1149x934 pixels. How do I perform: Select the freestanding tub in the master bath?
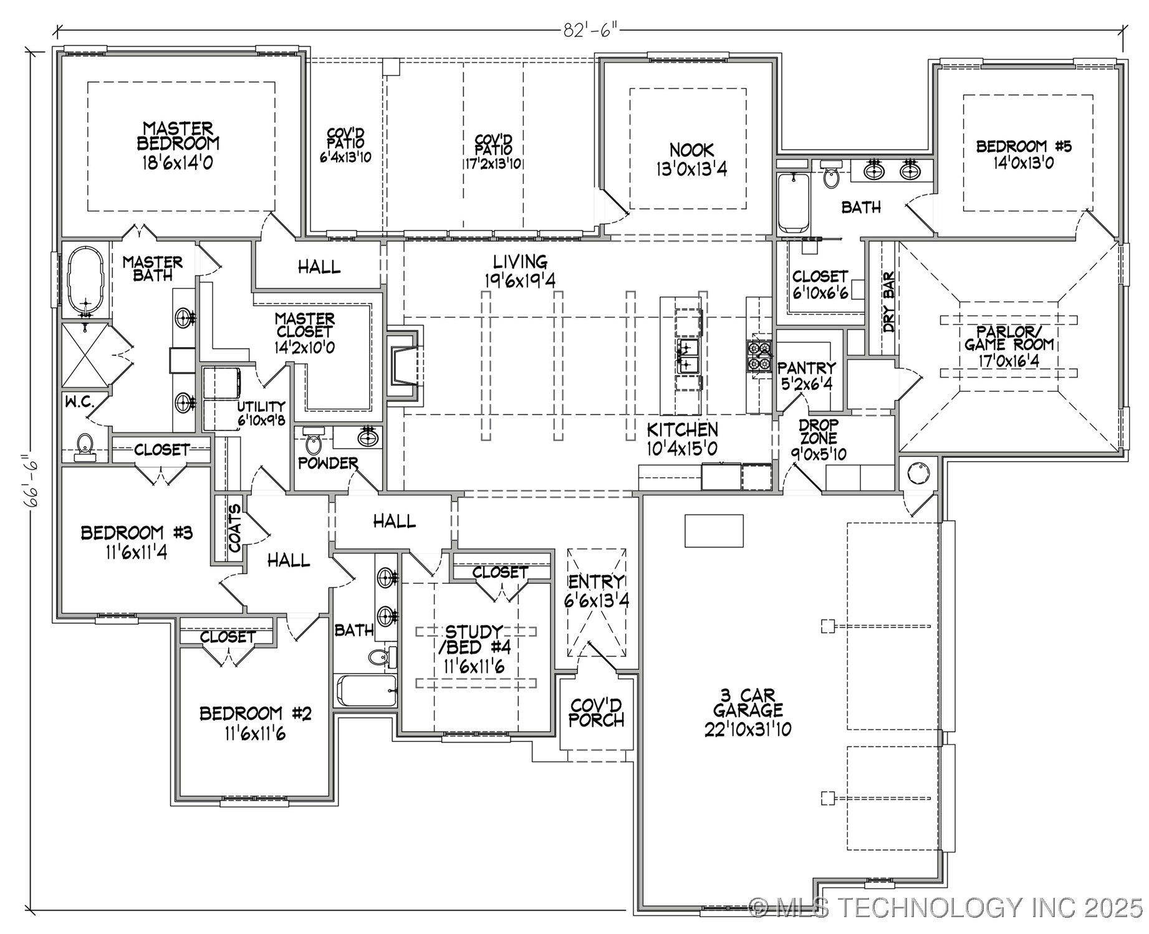pyautogui.click(x=85, y=280)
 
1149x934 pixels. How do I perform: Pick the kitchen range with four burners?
pyautogui.click(x=759, y=356)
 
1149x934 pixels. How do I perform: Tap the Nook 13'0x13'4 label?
pyautogui.click(x=691, y=160)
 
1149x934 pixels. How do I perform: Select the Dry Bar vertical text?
pyautogui.click(x=888, y=302)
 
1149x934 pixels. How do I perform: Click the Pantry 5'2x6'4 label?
pyautogui.click(x=806, y=376)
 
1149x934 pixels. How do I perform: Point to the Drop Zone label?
pyautogui.click(x=819, y=440)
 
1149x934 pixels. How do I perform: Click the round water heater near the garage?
pyautogui.click(x=919, y=474)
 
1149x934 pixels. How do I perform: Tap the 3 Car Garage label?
pyautogui.click(x=748, y=712)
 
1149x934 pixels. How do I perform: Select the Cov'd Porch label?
pyautogui.click(x=597, y=713)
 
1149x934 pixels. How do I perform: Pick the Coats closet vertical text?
pyautogui.click(x=234, y=528)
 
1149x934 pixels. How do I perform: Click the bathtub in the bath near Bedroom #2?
pyautogui.click(x=367, y=691)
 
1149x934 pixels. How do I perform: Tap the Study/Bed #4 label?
pyautogui.click(x=474, y=648)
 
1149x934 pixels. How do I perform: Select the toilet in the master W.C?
pyautogui.click(x=85, y=446)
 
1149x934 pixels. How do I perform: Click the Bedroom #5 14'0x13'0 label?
pyautogui.click(x=1024, y=154)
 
